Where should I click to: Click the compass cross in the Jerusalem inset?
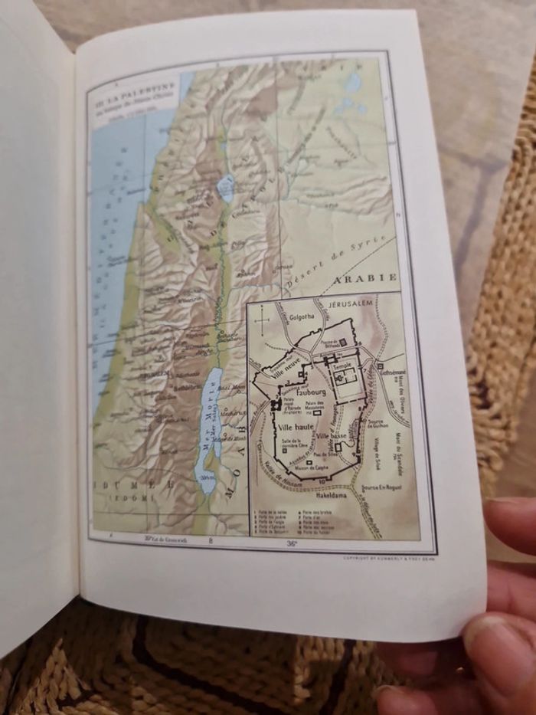point(263,315)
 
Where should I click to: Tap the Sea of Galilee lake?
point(226,187)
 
